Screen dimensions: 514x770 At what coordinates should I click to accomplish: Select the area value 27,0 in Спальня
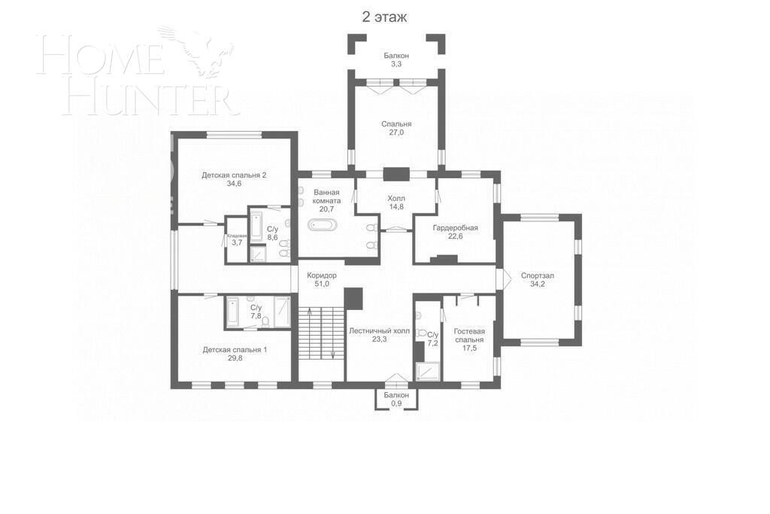coord(396,132)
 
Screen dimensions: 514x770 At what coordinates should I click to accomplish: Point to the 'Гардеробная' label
coord(455,227)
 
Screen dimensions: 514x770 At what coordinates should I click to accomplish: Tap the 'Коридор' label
coord(322,275)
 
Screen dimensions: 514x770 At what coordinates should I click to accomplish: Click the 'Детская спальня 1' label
coord(234,350)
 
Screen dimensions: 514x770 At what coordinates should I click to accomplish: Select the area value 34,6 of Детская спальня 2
coord(234,184)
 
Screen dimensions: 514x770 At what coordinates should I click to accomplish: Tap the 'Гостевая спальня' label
coord(469,335)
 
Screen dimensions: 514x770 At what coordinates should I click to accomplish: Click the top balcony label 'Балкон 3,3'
coord(396,59)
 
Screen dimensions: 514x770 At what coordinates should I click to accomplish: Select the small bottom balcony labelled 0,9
coord(396,399)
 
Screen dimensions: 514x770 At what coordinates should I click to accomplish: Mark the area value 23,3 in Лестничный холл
coord(379,339)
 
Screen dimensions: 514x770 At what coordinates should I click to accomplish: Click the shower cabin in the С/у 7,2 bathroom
coord(428,371)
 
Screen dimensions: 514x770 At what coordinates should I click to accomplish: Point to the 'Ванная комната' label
coord(327,196)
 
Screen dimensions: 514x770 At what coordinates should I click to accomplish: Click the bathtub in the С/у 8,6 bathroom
coord(256,225)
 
